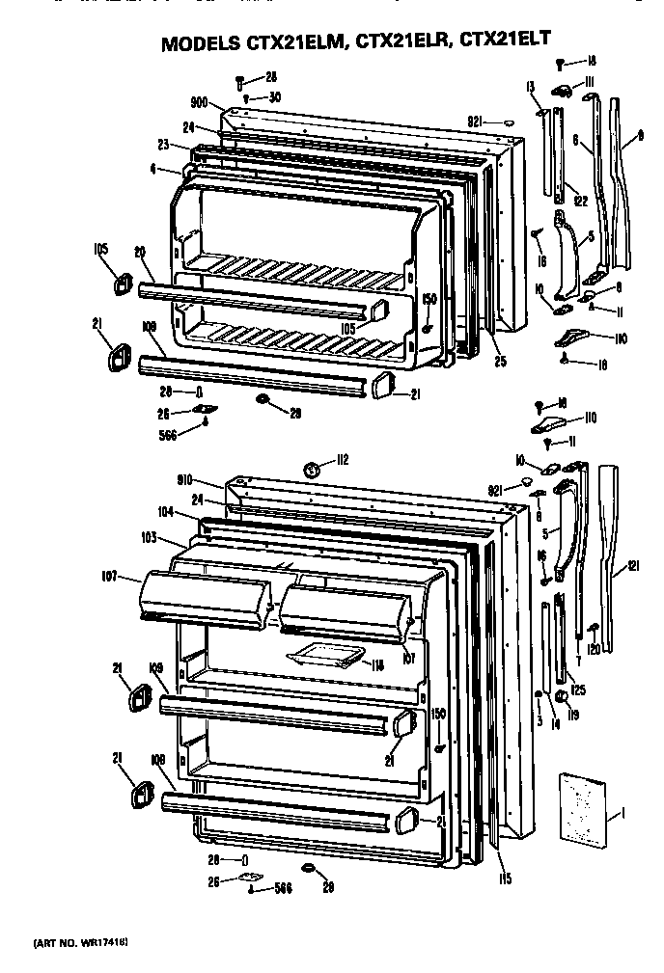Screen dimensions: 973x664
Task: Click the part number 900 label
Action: coord(200,102)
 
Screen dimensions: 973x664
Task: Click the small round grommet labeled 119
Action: coord(560,697)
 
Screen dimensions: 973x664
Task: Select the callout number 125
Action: coord(578,689)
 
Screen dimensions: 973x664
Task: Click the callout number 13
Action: coord(531,89)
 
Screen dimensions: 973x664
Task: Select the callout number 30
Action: coord(274,97)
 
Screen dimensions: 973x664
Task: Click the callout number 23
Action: coord(164,146)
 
